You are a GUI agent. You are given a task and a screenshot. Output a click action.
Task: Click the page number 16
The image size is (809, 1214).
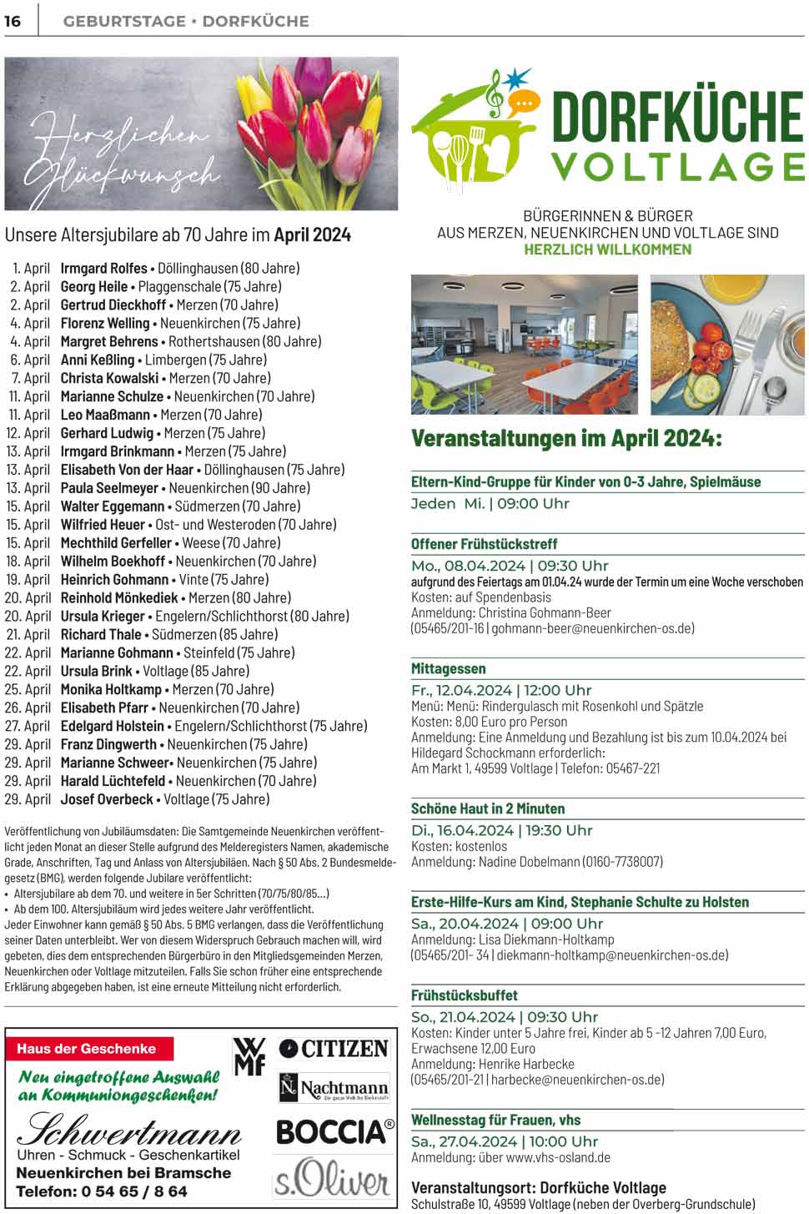pos(13,21)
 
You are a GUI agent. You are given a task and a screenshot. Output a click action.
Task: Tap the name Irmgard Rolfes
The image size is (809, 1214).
pos(103,268)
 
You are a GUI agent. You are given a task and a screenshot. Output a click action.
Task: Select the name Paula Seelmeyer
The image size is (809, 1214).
pos(109,488)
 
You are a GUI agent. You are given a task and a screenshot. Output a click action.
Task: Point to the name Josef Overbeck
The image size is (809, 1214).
pos(107,799)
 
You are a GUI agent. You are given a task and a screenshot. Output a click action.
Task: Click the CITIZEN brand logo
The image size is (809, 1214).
pos(334,1049)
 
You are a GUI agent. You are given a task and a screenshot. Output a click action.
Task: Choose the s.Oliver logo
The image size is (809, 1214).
pos(332,1178)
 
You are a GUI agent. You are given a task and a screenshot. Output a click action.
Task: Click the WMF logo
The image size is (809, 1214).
pos(249,1055)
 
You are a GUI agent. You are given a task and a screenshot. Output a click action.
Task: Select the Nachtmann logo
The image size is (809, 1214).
pos(334,1088)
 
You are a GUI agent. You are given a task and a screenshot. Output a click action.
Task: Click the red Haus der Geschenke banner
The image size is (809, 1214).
pos(87,1049)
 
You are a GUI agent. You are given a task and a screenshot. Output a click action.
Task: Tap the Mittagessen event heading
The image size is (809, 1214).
pos(448,669)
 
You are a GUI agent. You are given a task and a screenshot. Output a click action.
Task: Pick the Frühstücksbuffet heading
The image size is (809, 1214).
pos(464,995)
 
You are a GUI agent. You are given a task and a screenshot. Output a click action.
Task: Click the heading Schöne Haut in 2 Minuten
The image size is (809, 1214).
pos(488,808)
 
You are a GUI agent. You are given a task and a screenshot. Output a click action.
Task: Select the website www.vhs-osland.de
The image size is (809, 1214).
pos(558,1158)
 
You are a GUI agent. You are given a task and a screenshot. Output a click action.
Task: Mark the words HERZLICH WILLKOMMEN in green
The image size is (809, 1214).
pos(607,249)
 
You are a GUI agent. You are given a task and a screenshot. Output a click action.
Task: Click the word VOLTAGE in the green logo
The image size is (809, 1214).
pos(677,167)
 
